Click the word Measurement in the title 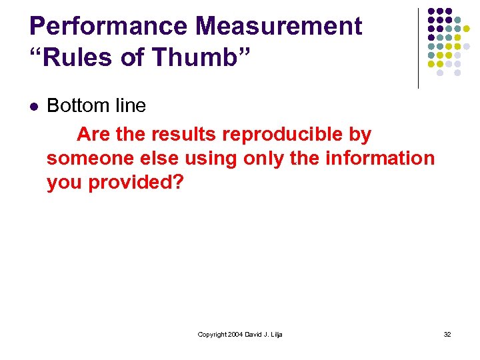pyautogui.click(x=279, y=27)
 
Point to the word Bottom pyautogui.click(x=74, y=105)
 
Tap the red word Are pyautogui.click(x=94, y=135)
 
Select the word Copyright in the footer pyautogui.click(x=213, y=334)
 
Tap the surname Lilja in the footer pyautogui.click(x=275, y=334)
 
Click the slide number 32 pyautogui.click(x=447, y=334)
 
